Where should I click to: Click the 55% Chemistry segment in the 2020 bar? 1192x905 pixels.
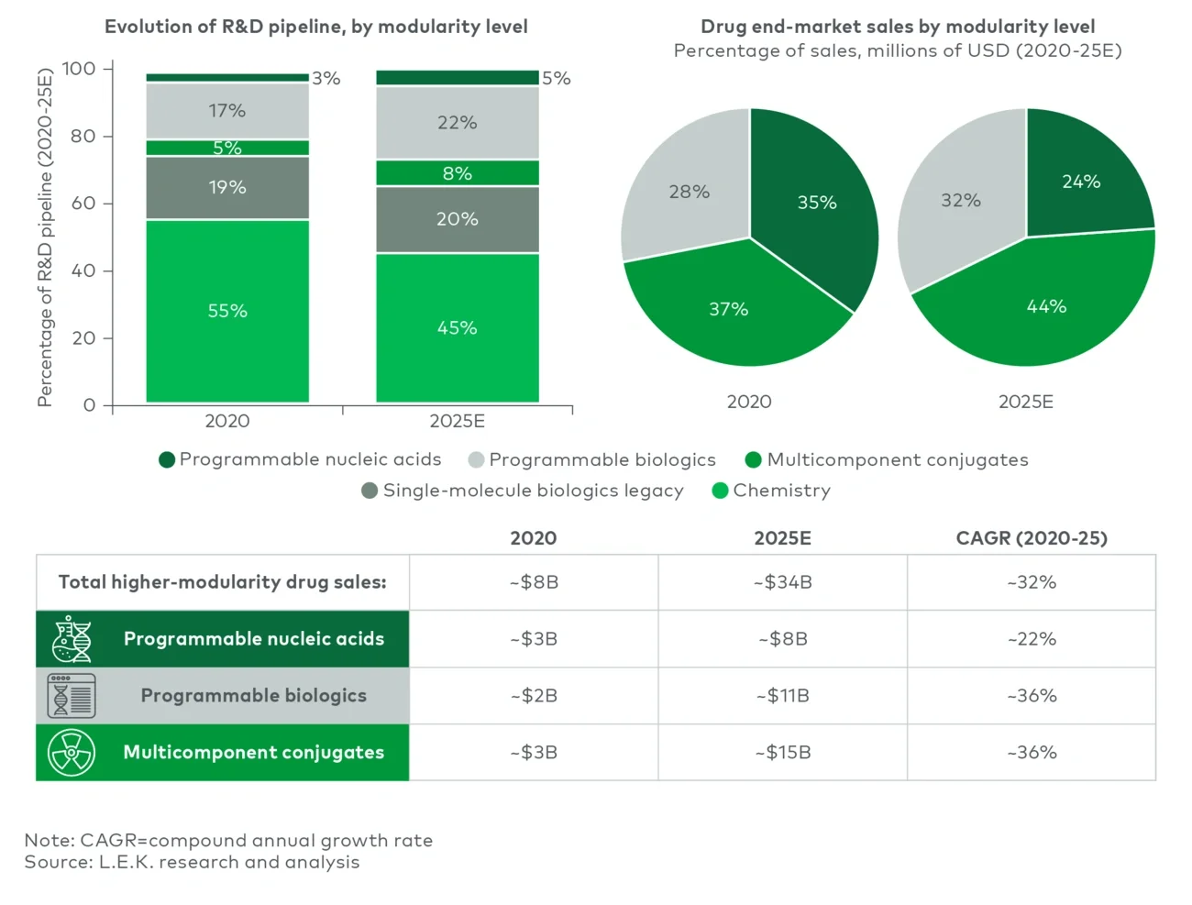click(x=227, y=311)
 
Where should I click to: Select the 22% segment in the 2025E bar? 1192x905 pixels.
click(x=457, y=123)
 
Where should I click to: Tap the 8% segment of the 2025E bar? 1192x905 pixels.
click(x=457, y=173)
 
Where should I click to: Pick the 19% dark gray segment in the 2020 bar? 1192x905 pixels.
click(x=227, y=187)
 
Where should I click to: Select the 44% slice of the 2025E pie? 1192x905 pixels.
click(x=1045, y=306)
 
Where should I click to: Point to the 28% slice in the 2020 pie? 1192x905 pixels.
click(x=689, y=192)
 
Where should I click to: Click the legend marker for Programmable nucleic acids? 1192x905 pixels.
click(x=167, y=459)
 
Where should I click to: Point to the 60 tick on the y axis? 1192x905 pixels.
click(x=83, y=203)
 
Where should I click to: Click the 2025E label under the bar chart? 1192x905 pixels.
click(x=457, y=421)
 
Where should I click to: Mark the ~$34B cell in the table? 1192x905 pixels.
click(x=782, y=582)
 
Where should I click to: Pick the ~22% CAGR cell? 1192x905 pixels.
click(x=1032, y=639)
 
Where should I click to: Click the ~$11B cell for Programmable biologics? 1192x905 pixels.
click(x=782, y=696)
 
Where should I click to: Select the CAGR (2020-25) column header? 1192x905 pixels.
click(x=1032, y=538)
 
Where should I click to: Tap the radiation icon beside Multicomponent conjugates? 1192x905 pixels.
click(x=72, y=753)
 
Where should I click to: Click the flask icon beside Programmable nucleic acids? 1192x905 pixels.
click(x=72, y=639)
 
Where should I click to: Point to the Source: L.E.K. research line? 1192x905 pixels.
click(x=192, y=862)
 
